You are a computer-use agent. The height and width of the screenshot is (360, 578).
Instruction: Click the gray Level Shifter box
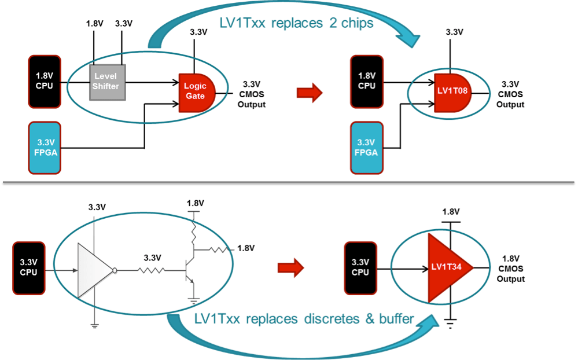[x=107, y=82]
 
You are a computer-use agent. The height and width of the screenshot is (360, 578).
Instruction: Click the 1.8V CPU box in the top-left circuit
[x=45, y=81]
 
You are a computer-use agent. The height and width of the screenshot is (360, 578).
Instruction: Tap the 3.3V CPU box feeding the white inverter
[x=28, y=269]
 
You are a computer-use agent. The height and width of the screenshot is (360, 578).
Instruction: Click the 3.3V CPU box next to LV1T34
[x=360, y=268]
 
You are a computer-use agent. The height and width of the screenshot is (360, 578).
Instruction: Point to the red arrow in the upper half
[x=310, y=93]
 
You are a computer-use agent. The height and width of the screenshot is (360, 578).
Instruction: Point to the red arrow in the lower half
[x=290, y=267]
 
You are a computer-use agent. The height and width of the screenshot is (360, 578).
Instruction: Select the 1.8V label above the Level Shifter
[x=94, y=24]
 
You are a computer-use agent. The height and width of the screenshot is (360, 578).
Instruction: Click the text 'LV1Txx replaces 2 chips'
[x=296, y=24]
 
